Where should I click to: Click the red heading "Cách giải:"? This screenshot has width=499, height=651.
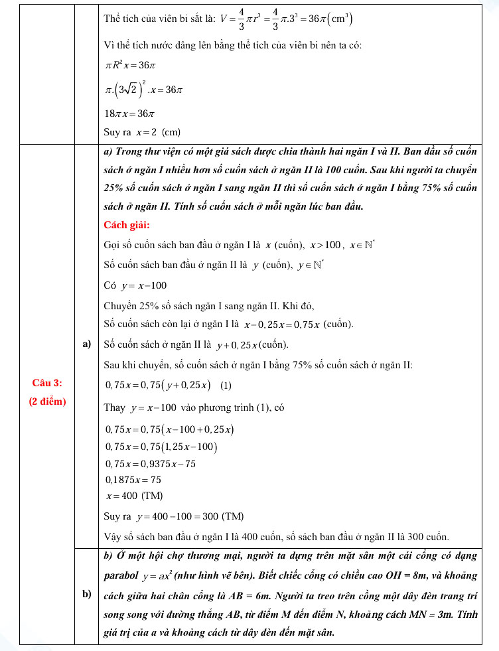[x=127, y=224]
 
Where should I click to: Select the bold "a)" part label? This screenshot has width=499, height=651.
[x=86, y=343]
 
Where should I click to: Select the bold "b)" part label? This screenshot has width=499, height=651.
[x=86, y=594]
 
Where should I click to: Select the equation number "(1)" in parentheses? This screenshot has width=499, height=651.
[x=226, y=386]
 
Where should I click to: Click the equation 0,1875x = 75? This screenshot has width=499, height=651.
[x=133, y=479]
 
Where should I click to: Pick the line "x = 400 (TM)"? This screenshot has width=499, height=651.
[x=135, y=496]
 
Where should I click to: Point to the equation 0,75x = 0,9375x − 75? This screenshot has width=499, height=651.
[x=151, y=463]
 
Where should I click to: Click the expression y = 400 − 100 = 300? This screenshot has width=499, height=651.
[x=178, y=516]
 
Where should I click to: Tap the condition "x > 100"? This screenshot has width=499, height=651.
[x=325, y=246]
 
